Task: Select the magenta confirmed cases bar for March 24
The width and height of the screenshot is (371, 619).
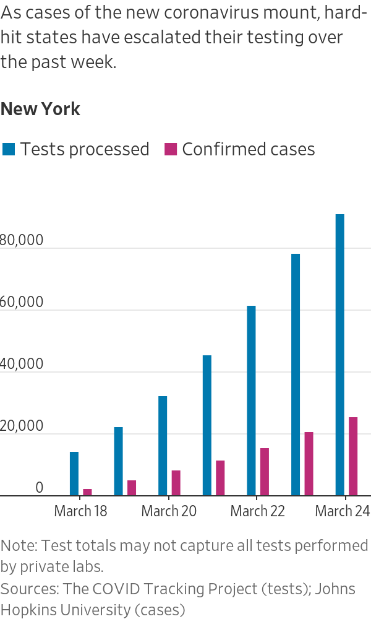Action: coord(353,456)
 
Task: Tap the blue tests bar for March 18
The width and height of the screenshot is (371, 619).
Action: coord(74,474)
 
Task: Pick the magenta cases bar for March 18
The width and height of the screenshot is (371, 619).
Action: coord(87,492)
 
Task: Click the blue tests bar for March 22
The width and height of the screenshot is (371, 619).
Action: coord(251,400)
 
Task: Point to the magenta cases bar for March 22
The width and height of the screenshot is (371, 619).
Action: coord(265,472)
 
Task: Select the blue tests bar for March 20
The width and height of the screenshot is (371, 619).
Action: coord(163,446)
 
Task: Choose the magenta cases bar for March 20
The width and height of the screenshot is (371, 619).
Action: coord(176,483)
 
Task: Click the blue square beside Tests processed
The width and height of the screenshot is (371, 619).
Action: coord(8,149)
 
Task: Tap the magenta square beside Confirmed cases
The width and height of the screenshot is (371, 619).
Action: coord(170,149)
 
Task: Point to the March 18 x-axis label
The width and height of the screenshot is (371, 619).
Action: coord(80,511)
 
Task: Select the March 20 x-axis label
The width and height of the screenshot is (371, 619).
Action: coord(169,511)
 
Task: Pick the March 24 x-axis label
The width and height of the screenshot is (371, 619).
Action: coord(343,511)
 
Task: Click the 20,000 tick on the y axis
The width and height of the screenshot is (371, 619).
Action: coord(22,426)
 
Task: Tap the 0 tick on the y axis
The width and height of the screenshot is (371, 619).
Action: coord(39,488)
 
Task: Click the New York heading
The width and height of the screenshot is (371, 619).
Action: coord(40,110)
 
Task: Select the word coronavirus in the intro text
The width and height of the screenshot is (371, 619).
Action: coord(228,13)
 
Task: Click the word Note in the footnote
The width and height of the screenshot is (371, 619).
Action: coord(18,546)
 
